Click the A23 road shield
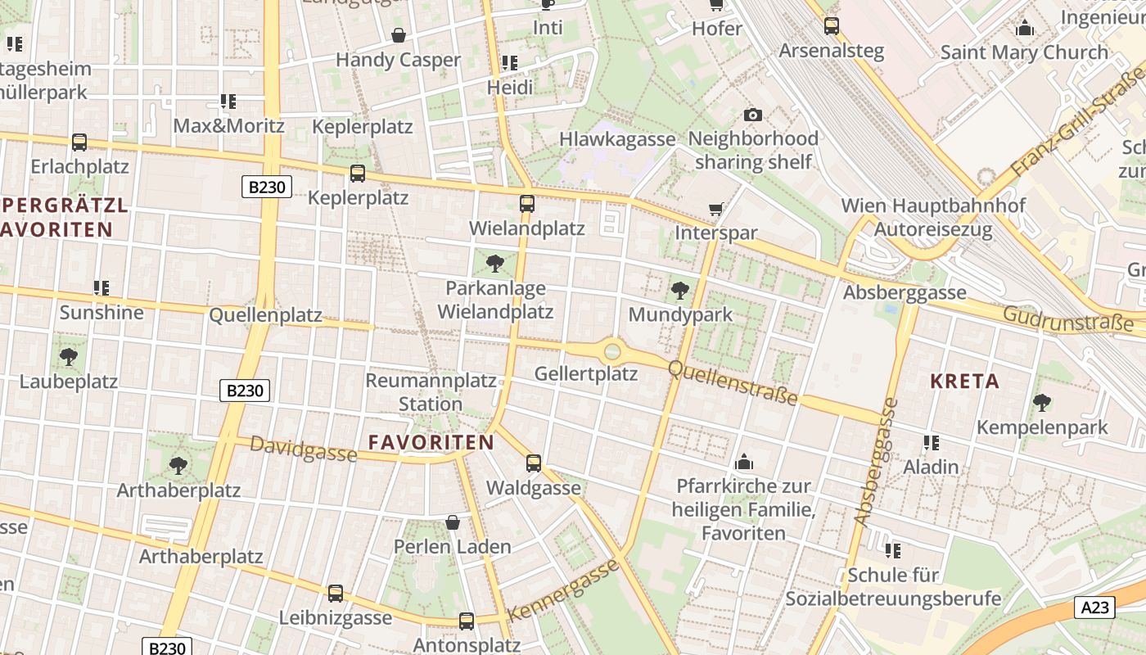tap(1094, 607)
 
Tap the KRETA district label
tap(965, 381)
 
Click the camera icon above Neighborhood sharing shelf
tap(752, 115)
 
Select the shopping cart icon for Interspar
tap(716, 210)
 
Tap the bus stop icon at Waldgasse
tap(534, 463)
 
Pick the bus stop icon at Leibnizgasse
tap(336, 594)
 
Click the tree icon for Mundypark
tap(679, 290)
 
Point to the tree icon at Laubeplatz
tap(69, 357)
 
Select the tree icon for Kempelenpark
tap(1041, 403)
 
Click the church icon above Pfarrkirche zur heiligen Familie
tap(744, 463)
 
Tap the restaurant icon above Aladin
tap(931, 443)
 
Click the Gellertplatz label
tap(585, 374)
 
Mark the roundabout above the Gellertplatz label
tap(612, 352)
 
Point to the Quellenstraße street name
tap(733, 382)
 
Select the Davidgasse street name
tap(303, 448)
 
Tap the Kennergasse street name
tap(562, 590)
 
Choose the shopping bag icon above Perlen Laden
tap(452, 522)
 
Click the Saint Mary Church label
tap(1024, 52)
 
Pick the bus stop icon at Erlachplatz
tap(79, 142)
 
